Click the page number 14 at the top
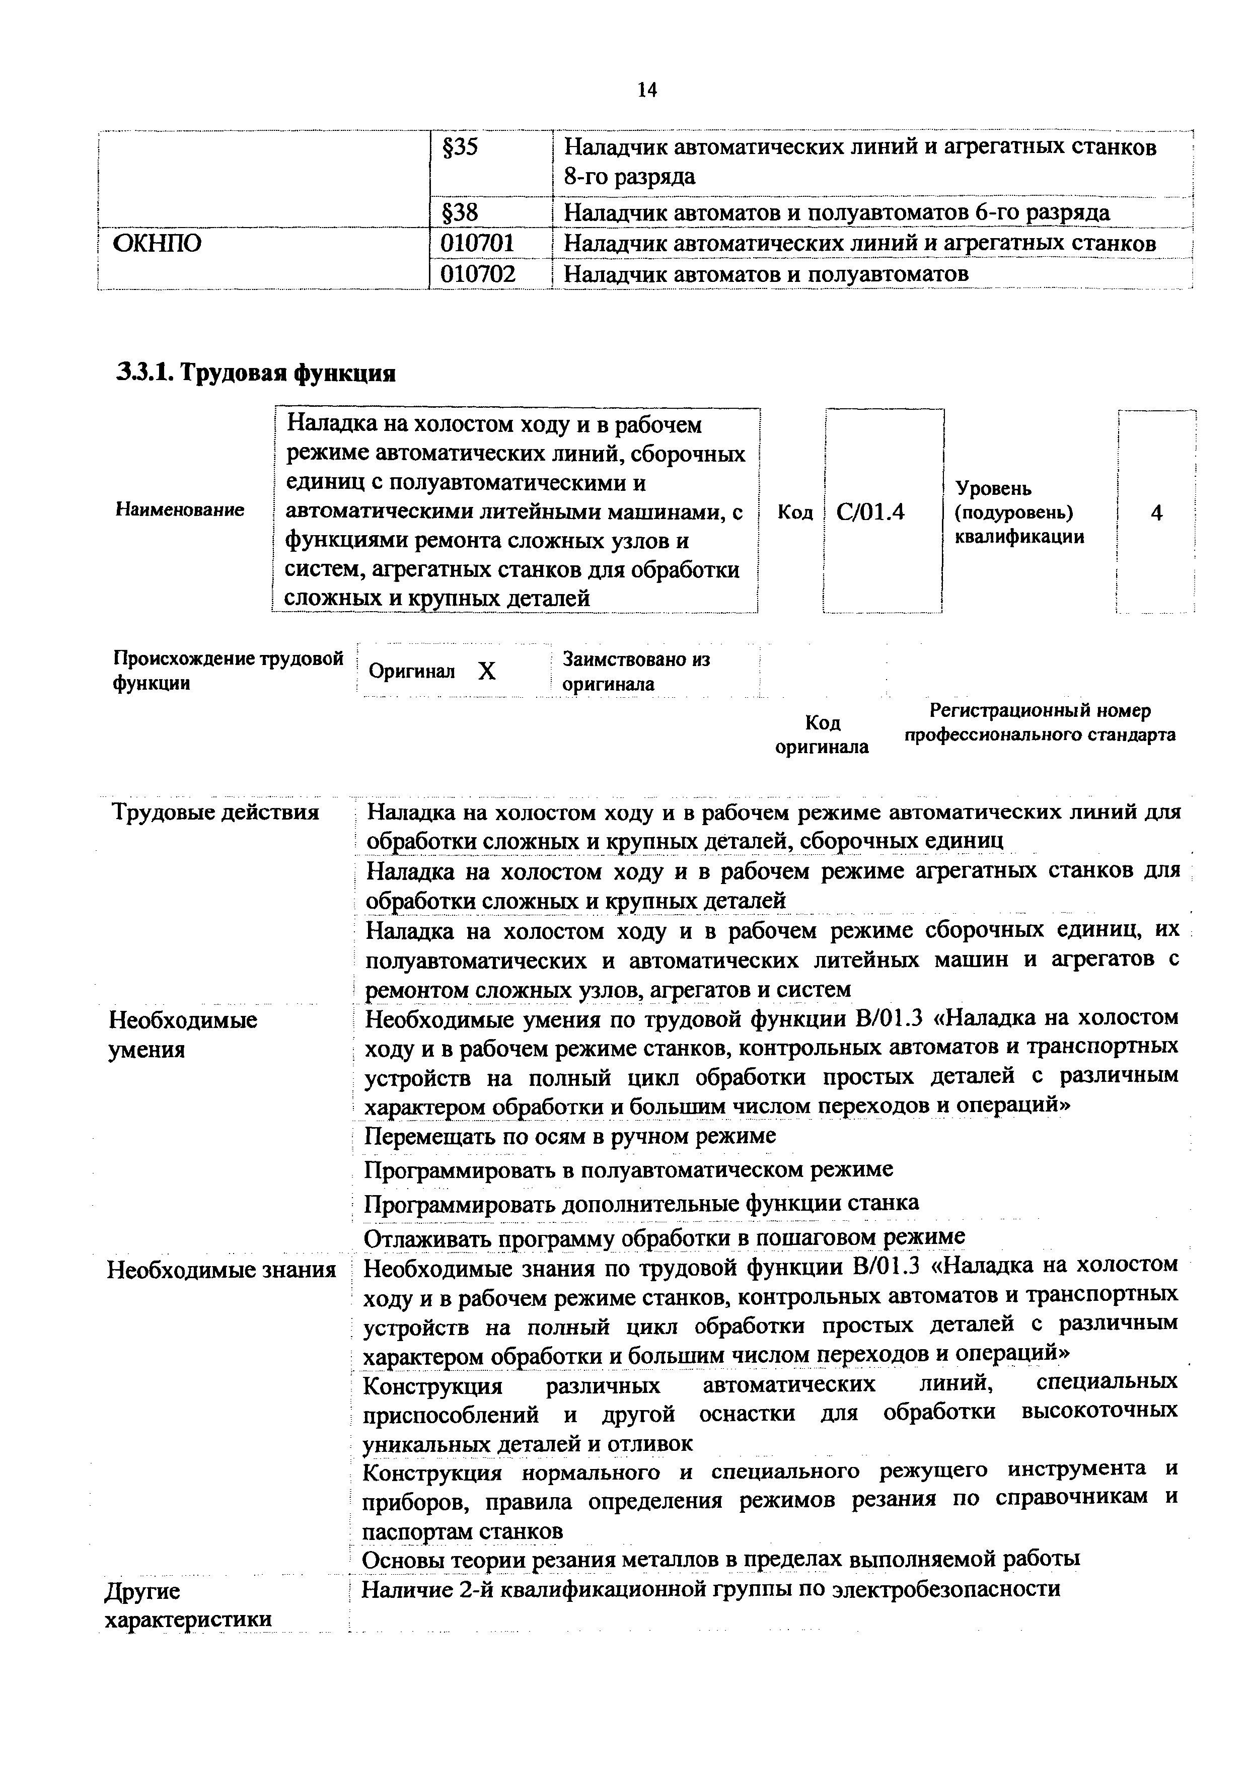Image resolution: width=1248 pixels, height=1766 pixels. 647,90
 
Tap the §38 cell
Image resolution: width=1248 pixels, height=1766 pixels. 461,212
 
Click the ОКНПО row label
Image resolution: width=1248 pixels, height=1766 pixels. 158,243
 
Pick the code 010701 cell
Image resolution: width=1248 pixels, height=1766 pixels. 477,243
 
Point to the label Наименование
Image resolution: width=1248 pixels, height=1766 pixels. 180,509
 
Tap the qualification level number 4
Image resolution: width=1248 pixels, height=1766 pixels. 1156,513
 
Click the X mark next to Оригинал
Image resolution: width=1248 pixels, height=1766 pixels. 487,672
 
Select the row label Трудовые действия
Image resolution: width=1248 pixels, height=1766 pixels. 216,812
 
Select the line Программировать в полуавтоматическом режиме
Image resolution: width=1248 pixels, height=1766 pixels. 628,1170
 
